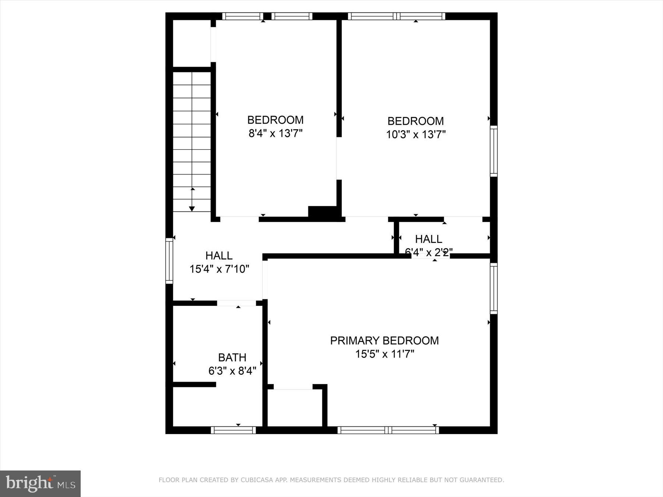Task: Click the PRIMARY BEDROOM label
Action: click(384, 341)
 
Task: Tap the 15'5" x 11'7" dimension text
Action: click(385, 354)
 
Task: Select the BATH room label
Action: click(232, 357)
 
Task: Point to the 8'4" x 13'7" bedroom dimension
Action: click(275, 133)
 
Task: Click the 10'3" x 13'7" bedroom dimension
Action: click(415, 134)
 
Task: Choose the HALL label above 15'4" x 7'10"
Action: click(219, 255)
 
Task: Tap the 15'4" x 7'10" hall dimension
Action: click(219, 269)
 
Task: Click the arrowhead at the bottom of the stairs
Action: click(192, 209)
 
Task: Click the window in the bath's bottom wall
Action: click(233, 430)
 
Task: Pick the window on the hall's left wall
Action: click(169, 261)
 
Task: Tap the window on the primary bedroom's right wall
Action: click(494, 289)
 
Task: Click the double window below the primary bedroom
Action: click(388, 430)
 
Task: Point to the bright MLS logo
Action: click(40, 483)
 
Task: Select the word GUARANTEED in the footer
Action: click(484, 480)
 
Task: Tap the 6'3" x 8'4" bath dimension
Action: click(232, 371)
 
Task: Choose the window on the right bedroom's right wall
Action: click(494, 151)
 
